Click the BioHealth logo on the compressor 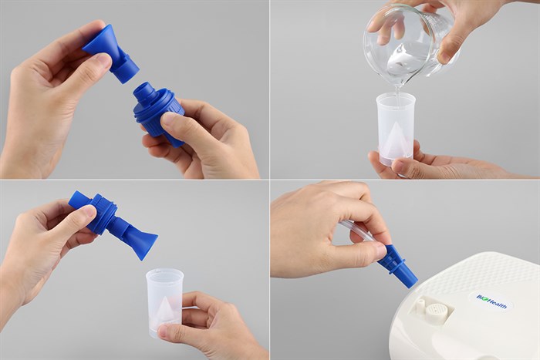coord(492,301)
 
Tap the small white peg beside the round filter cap coord(420,305)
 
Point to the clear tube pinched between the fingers coord(358,231)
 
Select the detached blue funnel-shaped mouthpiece coord(110,53)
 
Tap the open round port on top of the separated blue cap coord(144,89)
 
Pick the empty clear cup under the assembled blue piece coord(165,303)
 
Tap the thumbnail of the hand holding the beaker coord(444,56)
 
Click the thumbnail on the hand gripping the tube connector coord(380,251)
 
